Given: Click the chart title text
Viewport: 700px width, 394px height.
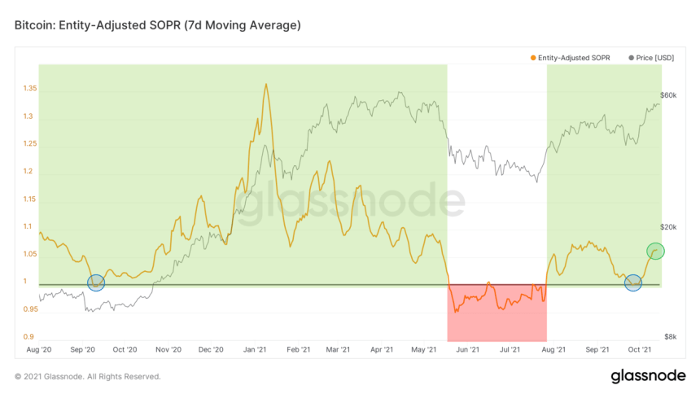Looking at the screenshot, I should pos(158,25).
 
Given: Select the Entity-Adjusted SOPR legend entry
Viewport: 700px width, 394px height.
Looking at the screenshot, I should pos(571,57).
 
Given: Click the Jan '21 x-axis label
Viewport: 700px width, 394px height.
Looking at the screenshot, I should pos(256,349).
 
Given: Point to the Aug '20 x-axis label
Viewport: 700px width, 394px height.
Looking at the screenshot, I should pos(39,349).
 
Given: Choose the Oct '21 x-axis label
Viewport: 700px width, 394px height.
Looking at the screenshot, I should pos(641,349).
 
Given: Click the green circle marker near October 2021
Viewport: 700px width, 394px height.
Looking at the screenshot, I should pos(655,251).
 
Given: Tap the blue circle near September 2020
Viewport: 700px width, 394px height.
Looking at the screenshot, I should pos(96,282).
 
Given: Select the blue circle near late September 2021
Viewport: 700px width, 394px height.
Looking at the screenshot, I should pos(633,282).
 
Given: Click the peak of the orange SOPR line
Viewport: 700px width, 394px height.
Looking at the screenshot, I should pos(266,84).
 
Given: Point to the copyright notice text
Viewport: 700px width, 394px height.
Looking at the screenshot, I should pos(88,377).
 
